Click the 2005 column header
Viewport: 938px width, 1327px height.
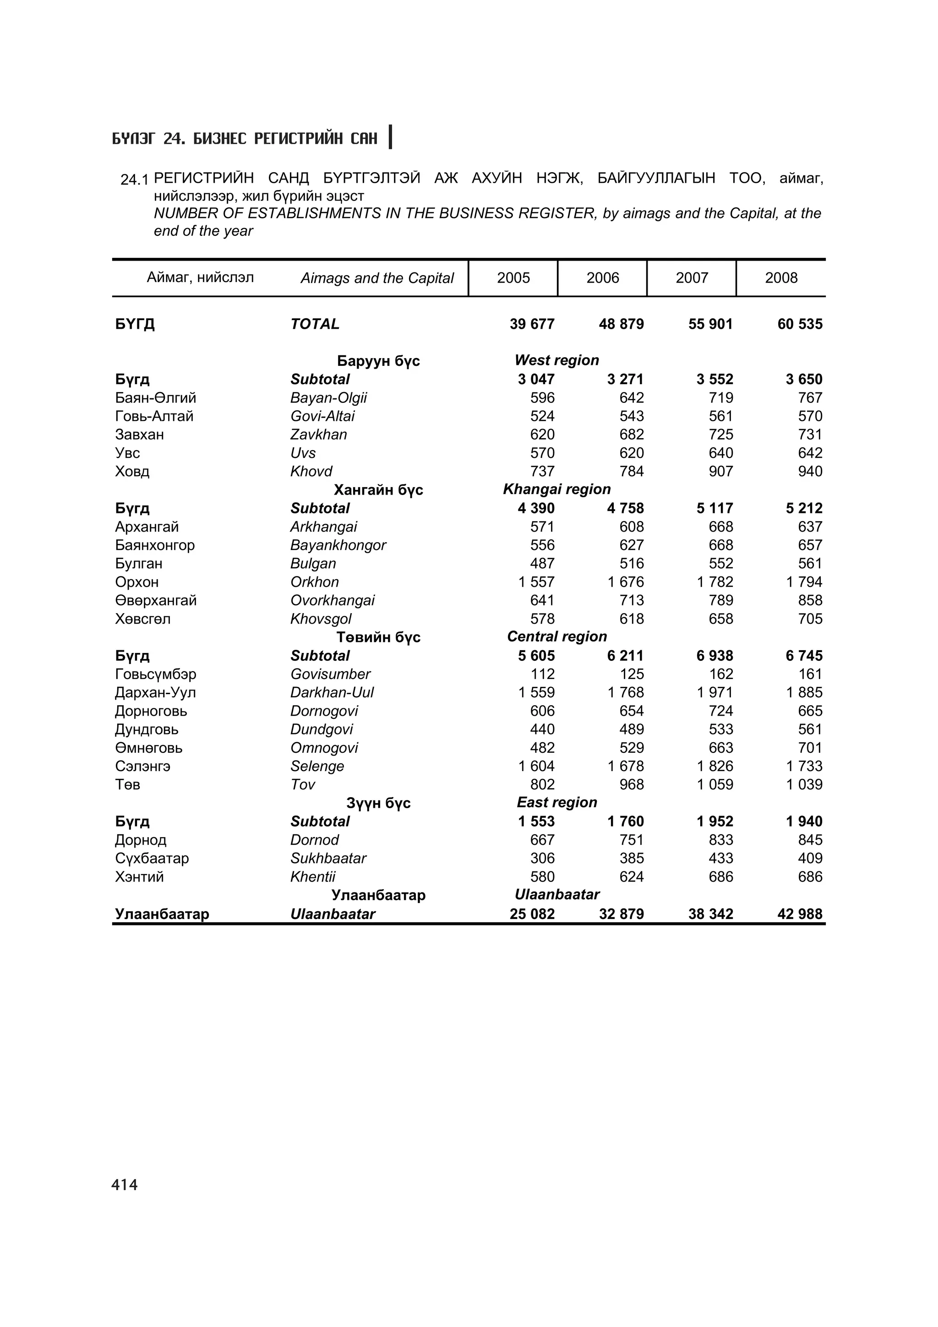click(x=513, y=278)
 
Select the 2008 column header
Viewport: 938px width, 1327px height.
click(x=781, y=278)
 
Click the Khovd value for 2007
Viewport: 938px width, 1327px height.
click(x=721, y=472)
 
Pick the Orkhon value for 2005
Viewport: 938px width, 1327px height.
click(x=536, y=582)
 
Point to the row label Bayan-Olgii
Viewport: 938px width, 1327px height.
click(x=328, y=398)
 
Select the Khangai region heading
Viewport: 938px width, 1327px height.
click(x=556, y=489)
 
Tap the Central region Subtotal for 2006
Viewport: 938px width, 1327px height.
click(x=625, y=656)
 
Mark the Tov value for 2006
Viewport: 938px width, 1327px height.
click(x=631, y=785)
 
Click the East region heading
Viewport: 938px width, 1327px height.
click(x=556, y=803)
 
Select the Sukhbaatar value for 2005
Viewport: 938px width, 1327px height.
click(x=542, y=858)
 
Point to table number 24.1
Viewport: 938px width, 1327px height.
click(x=134, y=180)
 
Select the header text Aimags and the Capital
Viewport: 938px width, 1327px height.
click(x=377, y=278)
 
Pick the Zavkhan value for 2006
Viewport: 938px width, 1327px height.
click(x=631, y=435)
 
